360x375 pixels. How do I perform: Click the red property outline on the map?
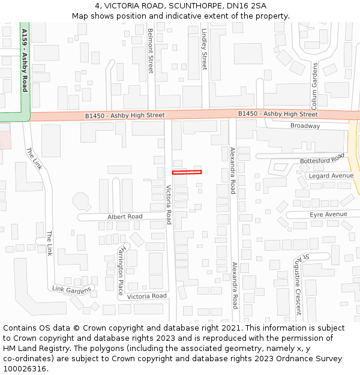click(187, 172)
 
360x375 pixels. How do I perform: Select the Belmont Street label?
click(151, 51)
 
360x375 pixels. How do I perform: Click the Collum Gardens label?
click(314, 83)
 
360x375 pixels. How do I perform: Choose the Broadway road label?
click(305, 126)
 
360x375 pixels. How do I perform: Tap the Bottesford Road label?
click(322, 160)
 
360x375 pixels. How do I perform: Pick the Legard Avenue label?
click(331, 176)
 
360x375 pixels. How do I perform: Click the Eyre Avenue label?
click(328, 214)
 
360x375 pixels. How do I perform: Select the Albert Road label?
click(125, 217)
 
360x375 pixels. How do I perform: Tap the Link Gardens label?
click(72, 289)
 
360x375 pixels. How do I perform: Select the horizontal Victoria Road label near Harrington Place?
click(146, 296)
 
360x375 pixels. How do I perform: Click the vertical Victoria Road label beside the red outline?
click(169, 205)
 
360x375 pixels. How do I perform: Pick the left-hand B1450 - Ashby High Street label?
click(125, 115)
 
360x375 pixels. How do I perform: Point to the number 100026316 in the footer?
click(24, 368)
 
